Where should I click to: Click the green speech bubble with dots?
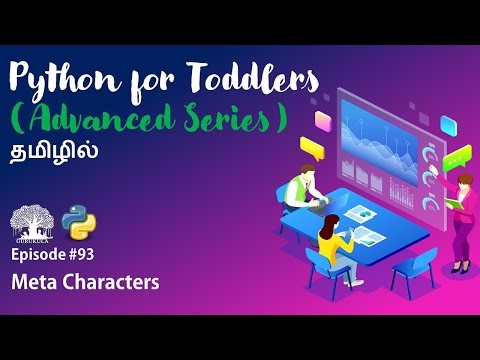(455, 158)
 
